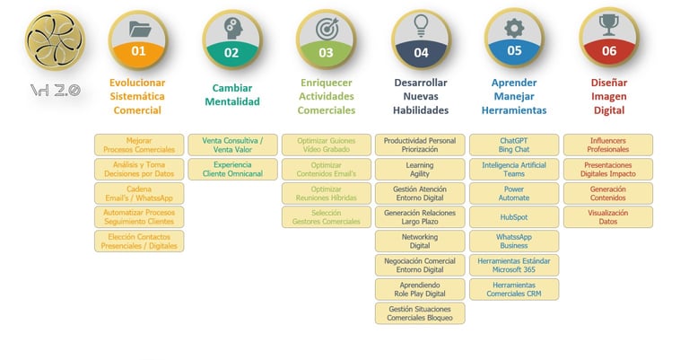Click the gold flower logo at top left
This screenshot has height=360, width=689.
point(54,41)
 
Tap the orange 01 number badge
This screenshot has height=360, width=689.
point(138,51)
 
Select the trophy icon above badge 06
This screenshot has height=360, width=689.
point(609,25)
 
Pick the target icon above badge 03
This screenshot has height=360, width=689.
point(327,28)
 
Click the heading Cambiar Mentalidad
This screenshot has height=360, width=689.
point(231,94)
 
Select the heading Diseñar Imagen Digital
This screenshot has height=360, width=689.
point(609,96)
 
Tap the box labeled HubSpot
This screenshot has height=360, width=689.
point(514,217)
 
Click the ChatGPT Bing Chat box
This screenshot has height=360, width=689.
point(514,145)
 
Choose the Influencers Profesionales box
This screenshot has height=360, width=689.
point(608,145)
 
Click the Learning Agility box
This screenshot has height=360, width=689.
point(420,169)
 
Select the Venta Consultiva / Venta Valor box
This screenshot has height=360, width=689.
point(232,145)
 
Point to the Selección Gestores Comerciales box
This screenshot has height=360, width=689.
point(326,217)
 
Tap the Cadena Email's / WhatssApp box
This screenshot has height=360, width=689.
point(139,193)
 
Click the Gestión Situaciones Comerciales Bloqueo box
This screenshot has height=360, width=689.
point(420,313)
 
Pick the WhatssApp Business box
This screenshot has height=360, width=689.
point(514,241)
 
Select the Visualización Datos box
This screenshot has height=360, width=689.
point(608,217)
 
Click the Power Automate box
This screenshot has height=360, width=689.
point(514,193)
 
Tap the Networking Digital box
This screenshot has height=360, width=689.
point(420,241)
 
